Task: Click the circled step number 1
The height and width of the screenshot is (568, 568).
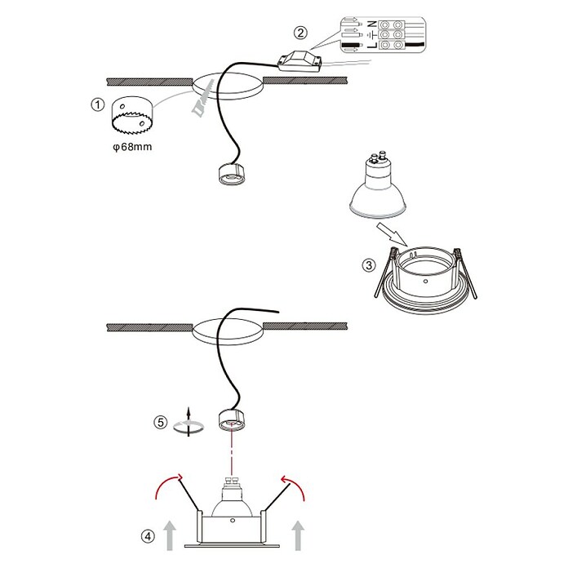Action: point(97,105)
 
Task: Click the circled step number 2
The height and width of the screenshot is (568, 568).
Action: point(300,33)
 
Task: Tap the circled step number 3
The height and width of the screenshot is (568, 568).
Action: point(369,265)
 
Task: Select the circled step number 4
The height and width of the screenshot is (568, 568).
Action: point(148,536)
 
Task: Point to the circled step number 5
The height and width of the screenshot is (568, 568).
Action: point(161,423)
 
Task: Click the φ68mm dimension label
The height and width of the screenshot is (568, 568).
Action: point(132,147)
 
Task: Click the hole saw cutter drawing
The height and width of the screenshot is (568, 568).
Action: point(132,114)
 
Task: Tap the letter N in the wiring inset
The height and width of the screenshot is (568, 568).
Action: point(371,24)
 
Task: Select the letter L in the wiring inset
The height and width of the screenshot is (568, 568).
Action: point(371,46)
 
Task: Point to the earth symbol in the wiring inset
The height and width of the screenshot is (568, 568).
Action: point(371,35)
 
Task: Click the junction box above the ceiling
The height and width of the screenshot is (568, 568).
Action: point(299,61)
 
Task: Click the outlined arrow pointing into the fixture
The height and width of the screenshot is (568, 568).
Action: point(392,234)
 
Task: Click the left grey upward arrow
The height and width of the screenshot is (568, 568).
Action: point(170,535)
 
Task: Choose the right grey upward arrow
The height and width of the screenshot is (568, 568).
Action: point(298,535)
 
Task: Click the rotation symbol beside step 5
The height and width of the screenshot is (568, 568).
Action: point(189,423)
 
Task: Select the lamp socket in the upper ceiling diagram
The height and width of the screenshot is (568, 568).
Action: point(232,175)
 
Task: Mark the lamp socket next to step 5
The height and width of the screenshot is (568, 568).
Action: point(232,419)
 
